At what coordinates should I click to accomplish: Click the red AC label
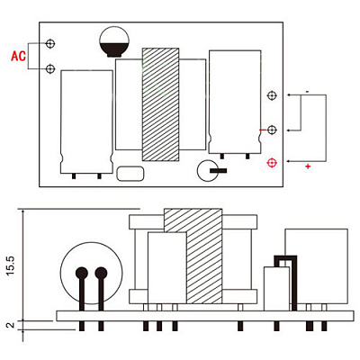pos(19,56)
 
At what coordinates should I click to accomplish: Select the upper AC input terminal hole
pos(50,43)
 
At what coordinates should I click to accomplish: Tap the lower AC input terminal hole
pos(50,69)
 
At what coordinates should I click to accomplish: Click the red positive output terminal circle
pos(272,163)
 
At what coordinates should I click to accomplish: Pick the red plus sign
pos(308,166)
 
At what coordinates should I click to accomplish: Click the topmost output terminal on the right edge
pos(272,95)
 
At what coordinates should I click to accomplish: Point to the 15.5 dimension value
pos(10,265)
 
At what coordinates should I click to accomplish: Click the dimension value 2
pos(10,325)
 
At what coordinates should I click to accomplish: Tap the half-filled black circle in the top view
pos(114,41)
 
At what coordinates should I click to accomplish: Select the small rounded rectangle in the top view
pos(130,174)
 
